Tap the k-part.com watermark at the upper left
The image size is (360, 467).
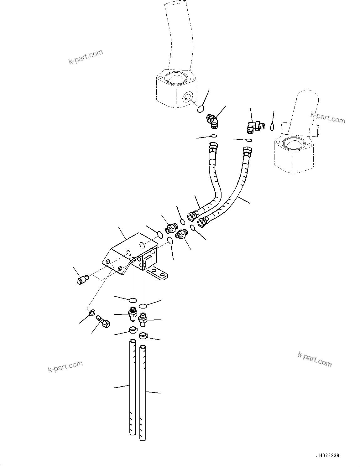(x=86, y=57)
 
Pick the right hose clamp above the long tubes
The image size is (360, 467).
(x=143, y=335)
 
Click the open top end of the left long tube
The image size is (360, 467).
(x=133, y=342)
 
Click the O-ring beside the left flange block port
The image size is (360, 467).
(x=201, y=109)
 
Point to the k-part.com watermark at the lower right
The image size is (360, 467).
(x=314, y=359)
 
